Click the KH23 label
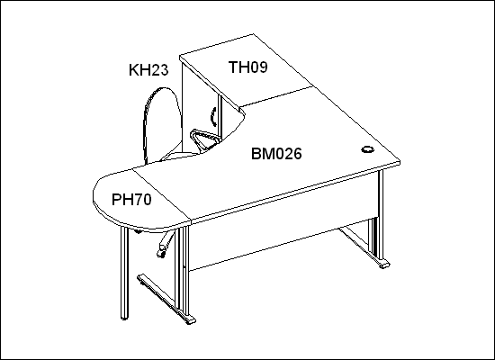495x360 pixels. click(148, 70)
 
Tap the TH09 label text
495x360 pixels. click(248, 67)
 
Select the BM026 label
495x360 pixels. click(276, 154)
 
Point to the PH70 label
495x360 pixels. click(131, 200)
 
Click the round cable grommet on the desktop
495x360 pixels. click(368, 149)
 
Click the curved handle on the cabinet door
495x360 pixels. click(213, 116)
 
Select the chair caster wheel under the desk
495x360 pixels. click(161, 253)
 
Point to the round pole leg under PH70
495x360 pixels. click(125, 273)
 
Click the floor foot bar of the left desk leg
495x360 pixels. click(166, 299)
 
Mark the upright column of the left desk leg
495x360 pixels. click(185, 271)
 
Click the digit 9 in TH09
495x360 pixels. click(263, 67)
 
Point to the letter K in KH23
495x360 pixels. click(133, 70)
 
